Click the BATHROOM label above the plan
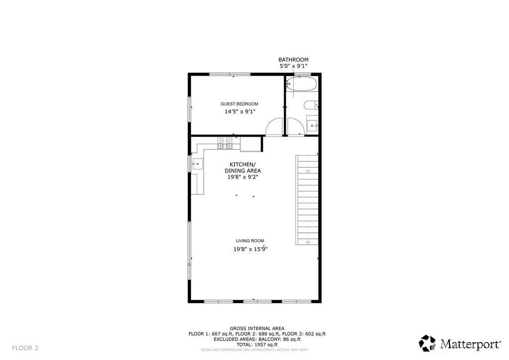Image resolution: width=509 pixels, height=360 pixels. [293, 60]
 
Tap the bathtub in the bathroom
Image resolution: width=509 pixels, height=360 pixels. [302, 84]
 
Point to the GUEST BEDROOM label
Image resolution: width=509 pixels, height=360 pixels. [240, 104]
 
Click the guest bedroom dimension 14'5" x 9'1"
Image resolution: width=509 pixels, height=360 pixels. [240, 112]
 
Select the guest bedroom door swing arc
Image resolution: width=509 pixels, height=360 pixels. [274, 126]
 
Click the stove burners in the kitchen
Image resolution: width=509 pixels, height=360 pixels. [225, 143]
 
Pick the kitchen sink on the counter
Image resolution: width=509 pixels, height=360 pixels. [197, 164]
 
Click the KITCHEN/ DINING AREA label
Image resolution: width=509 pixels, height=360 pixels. [243, 168]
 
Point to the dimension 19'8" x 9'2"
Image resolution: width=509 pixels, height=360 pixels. [243, 177]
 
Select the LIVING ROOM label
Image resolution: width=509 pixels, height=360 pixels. [250, 241]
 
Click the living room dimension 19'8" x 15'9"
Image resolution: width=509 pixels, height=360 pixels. [251, 249]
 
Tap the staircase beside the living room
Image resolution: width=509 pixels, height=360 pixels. [307, 200]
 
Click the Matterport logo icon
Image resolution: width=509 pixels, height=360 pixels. [427, 344]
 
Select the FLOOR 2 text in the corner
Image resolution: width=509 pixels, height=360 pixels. [25, 348]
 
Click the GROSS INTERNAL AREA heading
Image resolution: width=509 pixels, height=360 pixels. [257, 329]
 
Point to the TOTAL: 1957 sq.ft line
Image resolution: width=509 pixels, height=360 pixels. [257, 345]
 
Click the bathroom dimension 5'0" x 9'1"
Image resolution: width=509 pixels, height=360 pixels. [293, 66]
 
